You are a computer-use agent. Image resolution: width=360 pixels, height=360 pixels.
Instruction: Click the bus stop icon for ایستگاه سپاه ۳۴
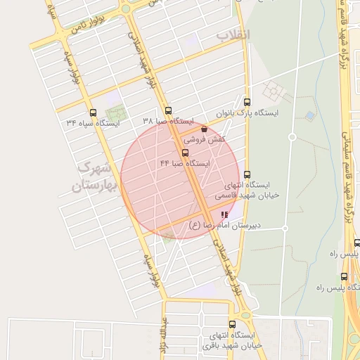click(93, 112)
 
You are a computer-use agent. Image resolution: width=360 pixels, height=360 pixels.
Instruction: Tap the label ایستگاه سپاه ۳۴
click(93, 124)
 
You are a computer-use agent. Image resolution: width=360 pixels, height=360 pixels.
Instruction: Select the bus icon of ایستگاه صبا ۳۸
click(168, 110)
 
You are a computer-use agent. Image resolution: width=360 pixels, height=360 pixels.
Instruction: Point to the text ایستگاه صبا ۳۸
click(168, 122)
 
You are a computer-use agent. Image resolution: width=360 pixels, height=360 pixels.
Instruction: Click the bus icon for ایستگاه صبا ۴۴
click(185, 152)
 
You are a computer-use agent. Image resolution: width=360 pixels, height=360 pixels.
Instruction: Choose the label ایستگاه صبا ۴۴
click(185, 163)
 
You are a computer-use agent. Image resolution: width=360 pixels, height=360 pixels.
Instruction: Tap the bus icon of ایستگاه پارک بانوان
click(246, 101)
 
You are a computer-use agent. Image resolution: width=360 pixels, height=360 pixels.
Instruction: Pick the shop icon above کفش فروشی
click(204, 129)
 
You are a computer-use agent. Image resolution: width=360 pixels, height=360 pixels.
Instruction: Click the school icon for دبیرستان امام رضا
click(224, 214)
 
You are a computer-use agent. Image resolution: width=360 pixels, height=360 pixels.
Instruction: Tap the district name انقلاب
click(232, 34)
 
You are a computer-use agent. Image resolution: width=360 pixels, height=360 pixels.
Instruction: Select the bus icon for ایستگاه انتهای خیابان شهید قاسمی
click(246, 174)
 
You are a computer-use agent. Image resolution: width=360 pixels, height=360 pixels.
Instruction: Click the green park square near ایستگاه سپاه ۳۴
click(113, 112)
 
